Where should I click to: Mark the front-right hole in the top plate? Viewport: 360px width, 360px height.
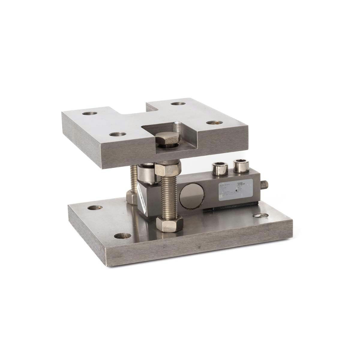point(213,123)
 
